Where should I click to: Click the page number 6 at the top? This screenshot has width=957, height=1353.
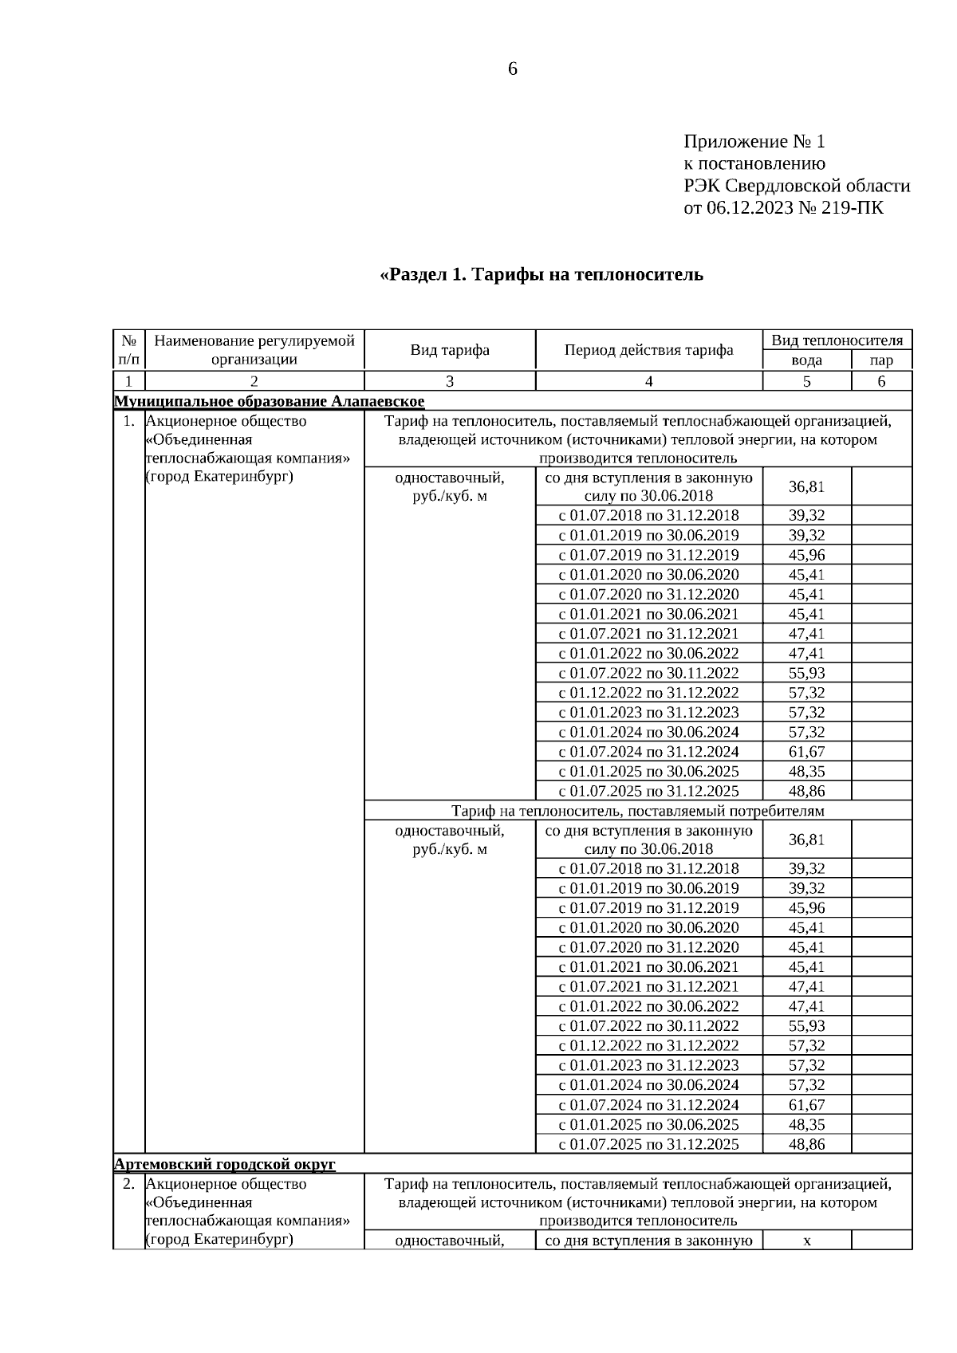click(x=512, y=69)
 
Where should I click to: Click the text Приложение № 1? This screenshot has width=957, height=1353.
click(x=754, y=142)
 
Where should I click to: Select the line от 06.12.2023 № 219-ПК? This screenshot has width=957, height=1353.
click(x=783, y=208)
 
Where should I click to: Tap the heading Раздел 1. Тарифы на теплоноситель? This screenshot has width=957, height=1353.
click(x=542, y=274)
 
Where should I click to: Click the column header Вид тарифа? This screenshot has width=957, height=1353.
click(x=450, y=350)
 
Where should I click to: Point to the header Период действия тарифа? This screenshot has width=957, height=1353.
click(x=648, y=350)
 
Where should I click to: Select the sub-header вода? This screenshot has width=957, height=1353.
click(x=806, y=360)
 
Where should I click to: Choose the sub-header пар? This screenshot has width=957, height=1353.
click(x=881, y=360)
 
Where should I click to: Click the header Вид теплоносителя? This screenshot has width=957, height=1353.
click(x=837, y=340)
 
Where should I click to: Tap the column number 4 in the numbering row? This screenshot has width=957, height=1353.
click(x=648, y=381)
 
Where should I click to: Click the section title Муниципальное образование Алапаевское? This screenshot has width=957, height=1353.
click(x=270, y=401)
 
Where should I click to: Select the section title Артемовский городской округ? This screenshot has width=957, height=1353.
click(x=225, y=1164)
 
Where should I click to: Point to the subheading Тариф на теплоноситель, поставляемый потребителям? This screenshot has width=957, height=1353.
click(x=637, y=811)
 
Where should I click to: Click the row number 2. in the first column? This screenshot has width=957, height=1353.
click(x=128, y=1184)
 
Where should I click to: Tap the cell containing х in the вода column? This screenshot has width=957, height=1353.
click(x=806, y=1241)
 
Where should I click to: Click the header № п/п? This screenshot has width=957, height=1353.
click(x=128, y=350)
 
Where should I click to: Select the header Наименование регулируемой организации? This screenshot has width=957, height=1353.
click(x=254, y=350)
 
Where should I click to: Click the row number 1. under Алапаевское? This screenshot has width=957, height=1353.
click(x=128, y=421)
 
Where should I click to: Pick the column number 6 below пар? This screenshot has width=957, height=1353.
click(x=881, y=381)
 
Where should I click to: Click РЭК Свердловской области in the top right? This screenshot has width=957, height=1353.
click(x=796, y=187)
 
